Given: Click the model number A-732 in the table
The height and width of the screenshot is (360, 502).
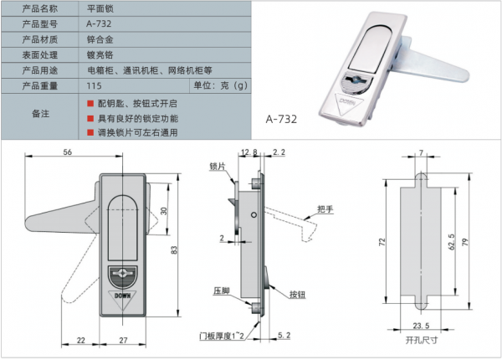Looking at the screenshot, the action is point(99,23).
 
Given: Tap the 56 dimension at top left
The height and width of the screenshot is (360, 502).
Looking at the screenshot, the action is point(68,152).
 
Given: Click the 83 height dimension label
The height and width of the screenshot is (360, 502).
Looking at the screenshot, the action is point(174,249).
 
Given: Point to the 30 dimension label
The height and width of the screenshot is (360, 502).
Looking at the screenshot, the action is point(164,211).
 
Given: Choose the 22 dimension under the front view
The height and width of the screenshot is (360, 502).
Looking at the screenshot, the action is point(81,340).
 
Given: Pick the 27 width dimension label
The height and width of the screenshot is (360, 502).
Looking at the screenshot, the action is point(123,340).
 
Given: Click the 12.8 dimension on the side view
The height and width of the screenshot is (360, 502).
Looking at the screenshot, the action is point(249,152).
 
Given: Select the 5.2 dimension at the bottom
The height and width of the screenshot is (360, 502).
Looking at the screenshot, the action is point(284,336).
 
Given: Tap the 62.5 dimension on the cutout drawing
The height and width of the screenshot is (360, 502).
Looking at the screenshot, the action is point(452,242).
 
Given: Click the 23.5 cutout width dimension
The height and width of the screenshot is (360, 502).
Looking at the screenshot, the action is point(421,326).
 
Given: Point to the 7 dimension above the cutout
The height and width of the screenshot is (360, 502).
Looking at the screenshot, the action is point(422,152).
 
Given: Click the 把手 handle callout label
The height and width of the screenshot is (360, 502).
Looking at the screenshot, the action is point(325,209).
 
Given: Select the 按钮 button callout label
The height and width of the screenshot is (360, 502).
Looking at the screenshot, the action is point(297,295).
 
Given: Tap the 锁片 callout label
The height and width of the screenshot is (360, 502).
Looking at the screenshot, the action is point(218,167).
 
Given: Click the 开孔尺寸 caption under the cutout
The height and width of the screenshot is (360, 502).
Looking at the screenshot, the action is point(422,340).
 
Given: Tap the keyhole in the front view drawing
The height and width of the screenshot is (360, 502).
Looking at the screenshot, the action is point(123,273).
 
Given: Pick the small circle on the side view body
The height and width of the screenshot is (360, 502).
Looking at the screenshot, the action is point(254,214).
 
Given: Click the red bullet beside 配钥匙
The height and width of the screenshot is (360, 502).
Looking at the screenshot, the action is point(90,104).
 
